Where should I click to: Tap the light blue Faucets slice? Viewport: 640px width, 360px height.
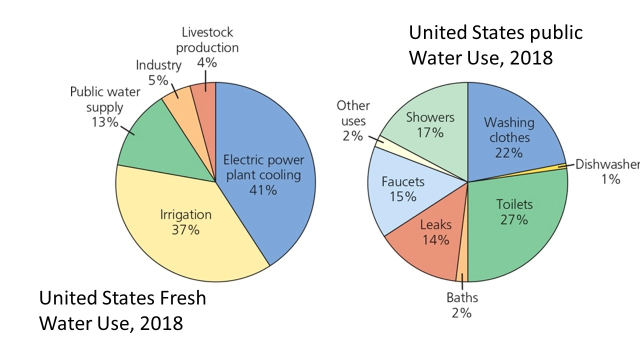click(x=400, y=195)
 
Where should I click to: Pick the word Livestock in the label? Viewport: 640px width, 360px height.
click(x=207, y=32)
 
